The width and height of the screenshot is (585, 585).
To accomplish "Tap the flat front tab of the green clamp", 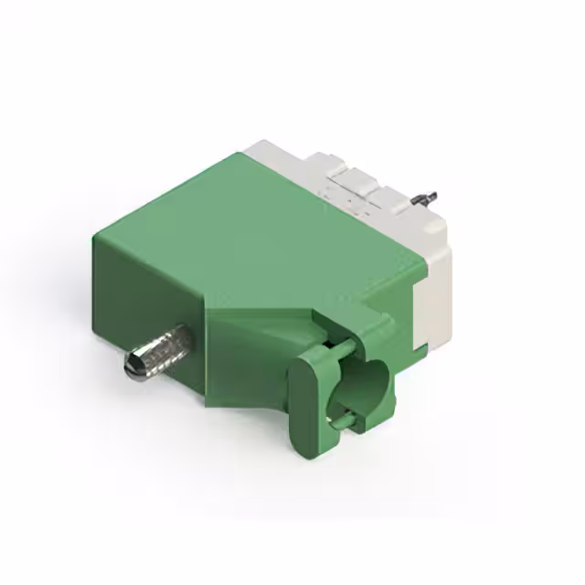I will [x=309, y=402].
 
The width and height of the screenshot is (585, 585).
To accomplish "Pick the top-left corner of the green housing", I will [x=95, y=236].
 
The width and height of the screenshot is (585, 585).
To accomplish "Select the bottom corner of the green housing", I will [x=208, y=402].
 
